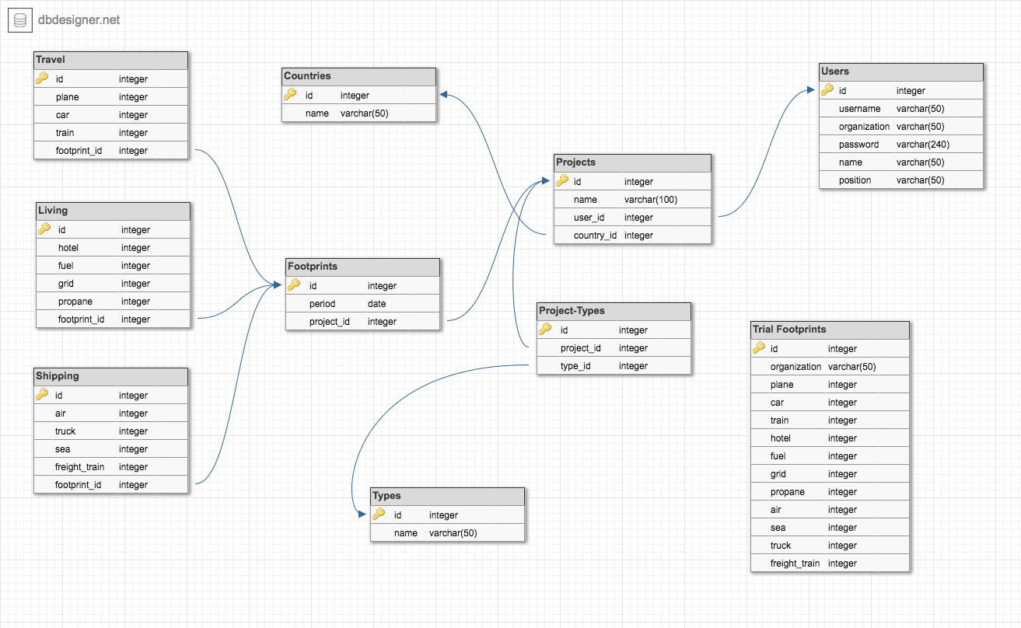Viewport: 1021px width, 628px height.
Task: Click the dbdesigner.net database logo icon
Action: tap(19, 20)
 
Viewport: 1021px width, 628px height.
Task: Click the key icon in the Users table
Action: tap(827, 90)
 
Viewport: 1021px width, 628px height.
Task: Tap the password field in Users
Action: tap(858, 145)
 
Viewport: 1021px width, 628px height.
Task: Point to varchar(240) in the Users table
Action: tap(922, 145)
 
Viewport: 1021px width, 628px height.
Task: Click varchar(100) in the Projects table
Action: tap(650, 200)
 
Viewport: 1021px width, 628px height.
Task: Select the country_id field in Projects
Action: tap(595, 235)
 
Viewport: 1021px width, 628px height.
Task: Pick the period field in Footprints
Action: tap(322, 304)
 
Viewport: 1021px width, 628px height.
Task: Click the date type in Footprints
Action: tap(377, 304)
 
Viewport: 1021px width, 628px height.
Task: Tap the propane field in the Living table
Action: tap(75, 302)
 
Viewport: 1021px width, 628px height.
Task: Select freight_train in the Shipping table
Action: tap(79, 467)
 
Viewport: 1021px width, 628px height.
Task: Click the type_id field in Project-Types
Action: tap(575, 366)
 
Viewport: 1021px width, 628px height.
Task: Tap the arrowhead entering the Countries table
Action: tap(443, 95)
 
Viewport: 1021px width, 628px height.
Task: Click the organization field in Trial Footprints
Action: tap(795, 367)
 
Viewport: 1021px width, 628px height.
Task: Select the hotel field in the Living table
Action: tap(68, 248)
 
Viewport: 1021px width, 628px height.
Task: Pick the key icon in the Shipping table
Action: tap(42, 395)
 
